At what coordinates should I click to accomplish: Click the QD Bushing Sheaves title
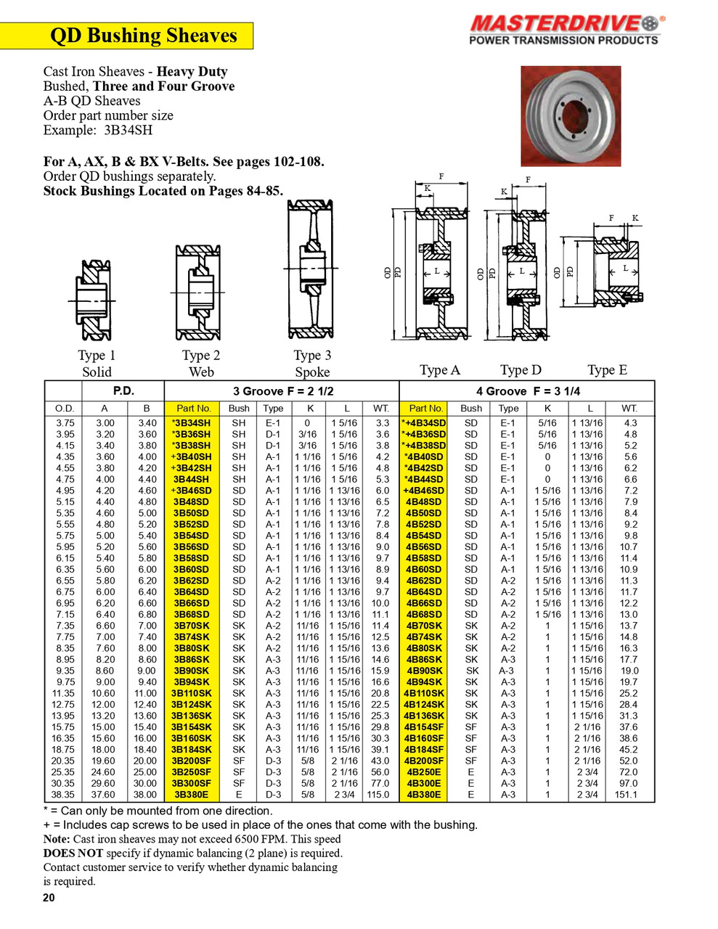pyautogui.click(x=143, y=36)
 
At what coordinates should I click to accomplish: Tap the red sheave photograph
pyautogui.click(x=571, y=115)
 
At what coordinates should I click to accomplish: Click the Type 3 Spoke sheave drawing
pyautogui.click(x=311, y=269)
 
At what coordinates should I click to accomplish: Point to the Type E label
pyautogui.click(x=607, y=370)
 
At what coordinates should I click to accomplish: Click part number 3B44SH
pyautogui.click(x=192, y=480)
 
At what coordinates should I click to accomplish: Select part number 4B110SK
pyautogui.click(x=424, y=694)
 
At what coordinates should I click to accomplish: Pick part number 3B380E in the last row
pyautogui.click(x=192, y=795)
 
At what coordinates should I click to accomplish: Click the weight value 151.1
pyautogui.click(x=626, y=795)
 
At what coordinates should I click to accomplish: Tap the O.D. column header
pyautogui.click(x=65, y=409)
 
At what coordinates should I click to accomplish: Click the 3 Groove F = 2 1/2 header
pyautogui.click(x=282, y=390)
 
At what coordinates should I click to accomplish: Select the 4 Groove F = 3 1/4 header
pyautogui.click(x=528, y=390)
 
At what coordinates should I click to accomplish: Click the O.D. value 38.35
pyautogui.click(x=65, y=795)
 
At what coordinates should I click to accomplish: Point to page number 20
pyautogui.click(x=49, y=898)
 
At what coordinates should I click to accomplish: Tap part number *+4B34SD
pyautogui.click(x=424, y=423)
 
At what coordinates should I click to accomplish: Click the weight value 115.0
pyautogui.click(x=380, y=795)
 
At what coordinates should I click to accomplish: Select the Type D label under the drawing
pyautogui.click(x=521, y=370)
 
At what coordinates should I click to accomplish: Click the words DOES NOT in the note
pyautogui.click(x=73, y=854)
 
